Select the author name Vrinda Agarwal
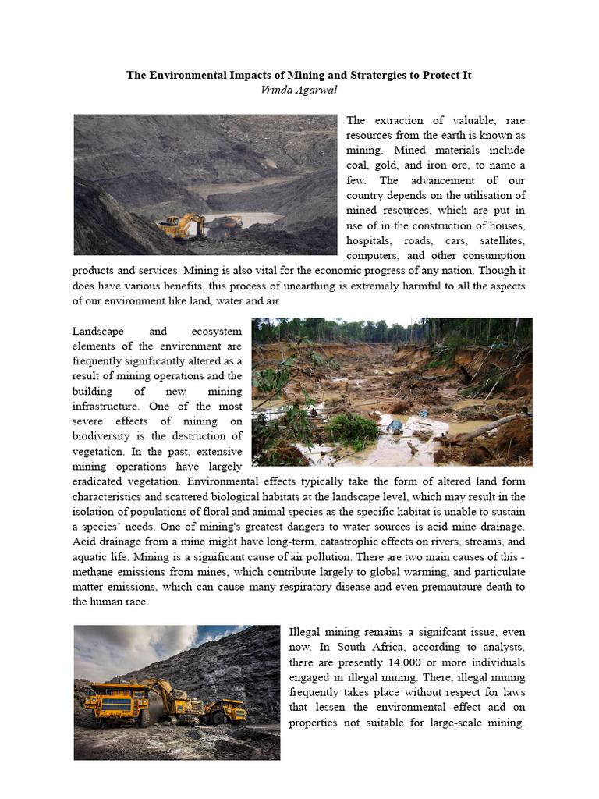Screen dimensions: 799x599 pos(299,89)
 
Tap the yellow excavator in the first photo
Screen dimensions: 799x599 pos(181,225)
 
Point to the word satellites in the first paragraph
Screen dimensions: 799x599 pos(499,240)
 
